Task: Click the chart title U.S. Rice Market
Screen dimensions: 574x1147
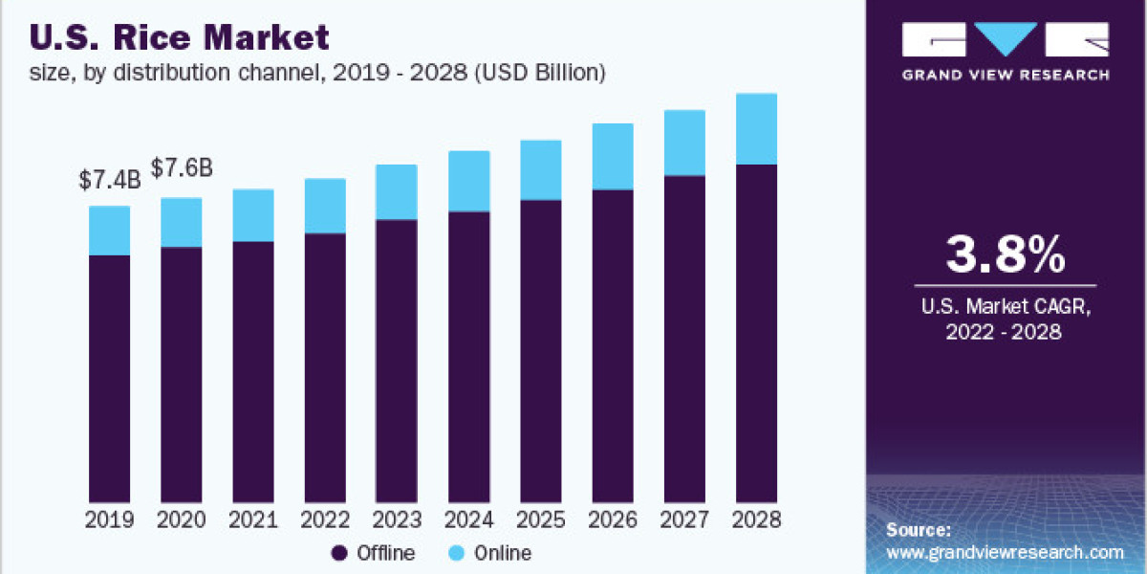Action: coord(181,37)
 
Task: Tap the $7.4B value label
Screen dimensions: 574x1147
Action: coord(110,179)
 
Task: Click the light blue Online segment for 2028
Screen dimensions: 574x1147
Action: coord(756,129)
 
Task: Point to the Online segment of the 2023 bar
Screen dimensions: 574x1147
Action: coord(397,192)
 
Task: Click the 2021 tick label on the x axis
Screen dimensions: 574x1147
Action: coord(253,520)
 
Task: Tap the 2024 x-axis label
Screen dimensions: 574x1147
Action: coord(468,520)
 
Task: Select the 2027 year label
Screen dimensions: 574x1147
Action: coord(684,520)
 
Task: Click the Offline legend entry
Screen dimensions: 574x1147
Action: coord(373,553)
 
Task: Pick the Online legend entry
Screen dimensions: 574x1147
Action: coord(488,553)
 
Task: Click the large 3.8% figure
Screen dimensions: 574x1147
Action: coord(1005,254)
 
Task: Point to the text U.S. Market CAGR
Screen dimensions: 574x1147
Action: coord(1005,308)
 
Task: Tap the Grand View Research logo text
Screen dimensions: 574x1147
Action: coord(1005,74)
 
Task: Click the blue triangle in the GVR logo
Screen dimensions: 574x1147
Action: coord(1005,39)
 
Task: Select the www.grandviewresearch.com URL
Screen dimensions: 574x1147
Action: coord(1005,552)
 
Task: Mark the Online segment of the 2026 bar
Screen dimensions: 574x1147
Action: coord(613,157)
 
